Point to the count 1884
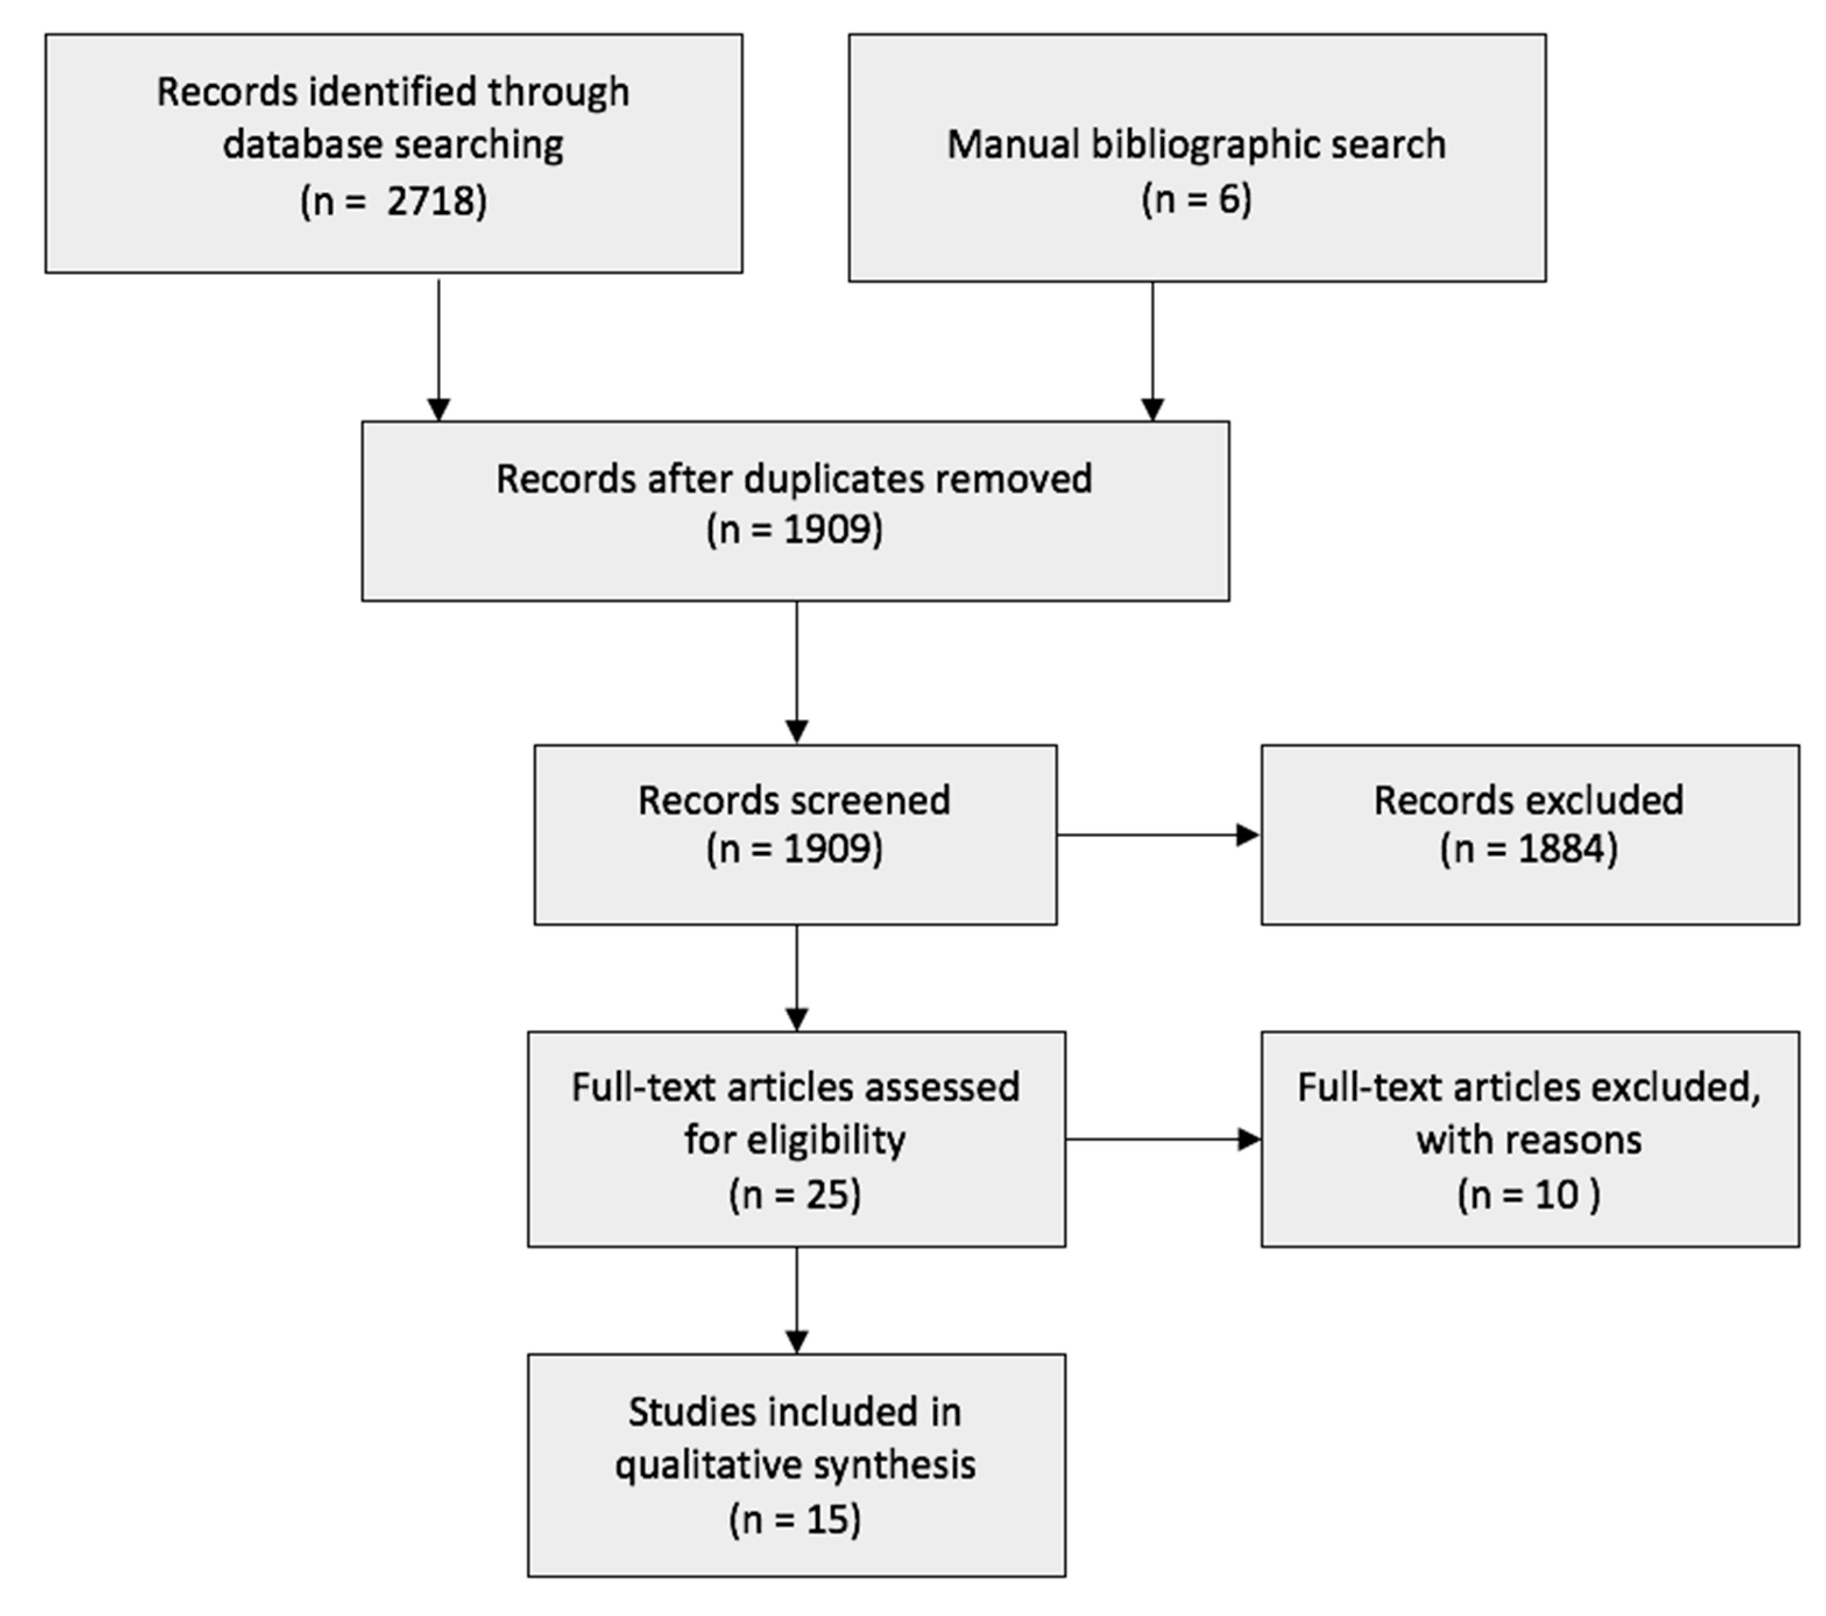1562,848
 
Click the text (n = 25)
795,1194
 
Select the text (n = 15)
795,1519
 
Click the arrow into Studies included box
796,1300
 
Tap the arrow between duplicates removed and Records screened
796,672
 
